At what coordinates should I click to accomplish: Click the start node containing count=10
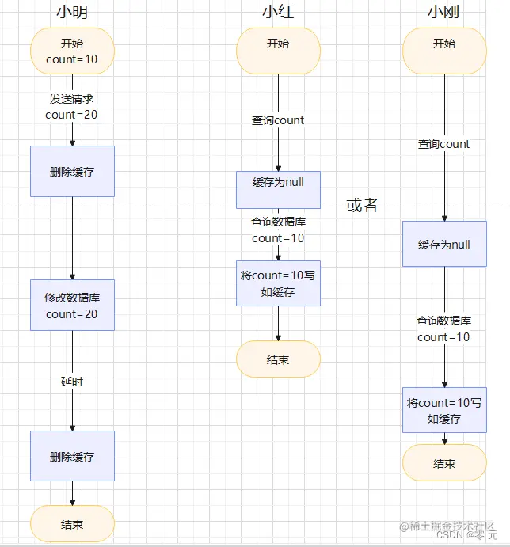[x=72, y=51]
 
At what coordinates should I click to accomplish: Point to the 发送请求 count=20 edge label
[x=72, y=107]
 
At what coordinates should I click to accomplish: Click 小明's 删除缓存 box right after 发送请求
[x=72, y=171]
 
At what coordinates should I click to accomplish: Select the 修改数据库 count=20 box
[x=72, y=306]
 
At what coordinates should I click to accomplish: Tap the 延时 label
[x=72, y=382]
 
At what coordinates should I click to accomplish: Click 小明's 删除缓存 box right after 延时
[x=72, y=456]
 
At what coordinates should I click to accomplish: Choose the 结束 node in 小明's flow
[x=72, y=524]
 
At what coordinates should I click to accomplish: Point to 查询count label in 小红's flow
[x=278, y=120]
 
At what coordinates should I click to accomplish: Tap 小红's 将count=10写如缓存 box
[x=278, y=283]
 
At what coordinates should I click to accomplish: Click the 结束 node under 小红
[x=278, y=359]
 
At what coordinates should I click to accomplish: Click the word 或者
[x=362, y=206]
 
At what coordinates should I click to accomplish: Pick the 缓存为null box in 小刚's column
[x=444, y=244]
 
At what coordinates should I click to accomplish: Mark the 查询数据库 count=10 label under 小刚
[x=444, y=329]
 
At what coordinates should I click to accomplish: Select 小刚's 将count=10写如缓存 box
[x=444, y=410]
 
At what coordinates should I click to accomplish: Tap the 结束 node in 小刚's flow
[x=444, y=463]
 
